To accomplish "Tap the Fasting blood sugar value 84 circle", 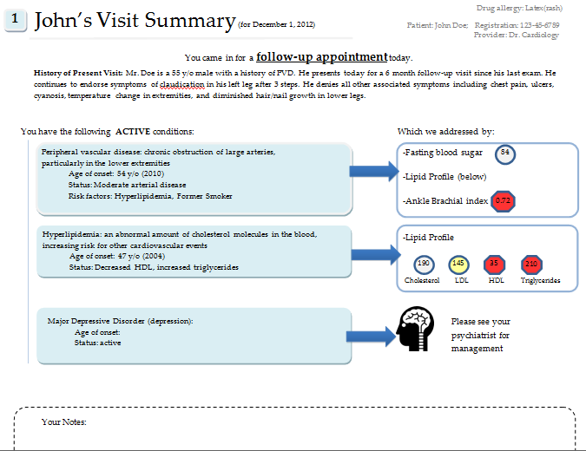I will (504, 154).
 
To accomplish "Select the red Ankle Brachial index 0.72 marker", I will (502, 202).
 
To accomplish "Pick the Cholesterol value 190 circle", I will (423, 264).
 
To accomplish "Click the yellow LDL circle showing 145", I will (459, 264).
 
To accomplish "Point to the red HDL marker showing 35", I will (493, 264).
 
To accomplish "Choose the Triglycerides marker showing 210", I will (531, 264).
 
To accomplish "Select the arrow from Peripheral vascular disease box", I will (376, 176).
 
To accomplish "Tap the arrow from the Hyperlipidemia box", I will (376, 252).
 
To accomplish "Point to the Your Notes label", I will (63, 422).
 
